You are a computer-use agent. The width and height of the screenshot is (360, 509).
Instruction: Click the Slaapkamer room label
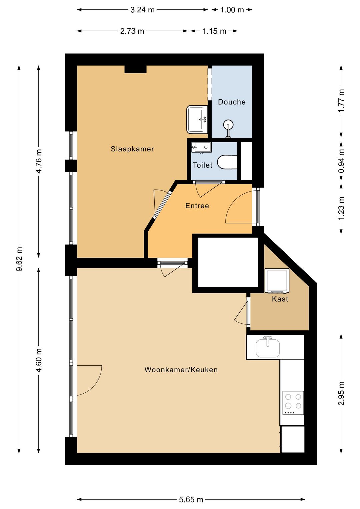point(132,149)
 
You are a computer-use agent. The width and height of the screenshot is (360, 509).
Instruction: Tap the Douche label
point(232,102)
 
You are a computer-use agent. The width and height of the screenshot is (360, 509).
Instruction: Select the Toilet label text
point(202,165)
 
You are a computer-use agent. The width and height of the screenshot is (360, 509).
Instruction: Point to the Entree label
point(197,206)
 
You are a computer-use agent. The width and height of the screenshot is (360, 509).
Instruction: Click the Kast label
point(280,299)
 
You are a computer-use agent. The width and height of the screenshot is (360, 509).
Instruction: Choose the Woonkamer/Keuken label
point(181,370)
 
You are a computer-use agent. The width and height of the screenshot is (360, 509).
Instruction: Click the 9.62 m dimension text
point(20,259)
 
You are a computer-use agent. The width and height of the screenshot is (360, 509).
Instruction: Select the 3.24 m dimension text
point(142,10)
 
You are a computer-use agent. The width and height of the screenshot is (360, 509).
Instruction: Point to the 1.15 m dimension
point(214,31)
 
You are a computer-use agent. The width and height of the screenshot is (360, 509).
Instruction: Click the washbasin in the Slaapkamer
point(197,119)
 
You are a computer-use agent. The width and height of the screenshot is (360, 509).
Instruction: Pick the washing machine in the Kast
point(277,281)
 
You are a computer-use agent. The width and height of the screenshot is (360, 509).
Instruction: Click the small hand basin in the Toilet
point(201,147)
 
